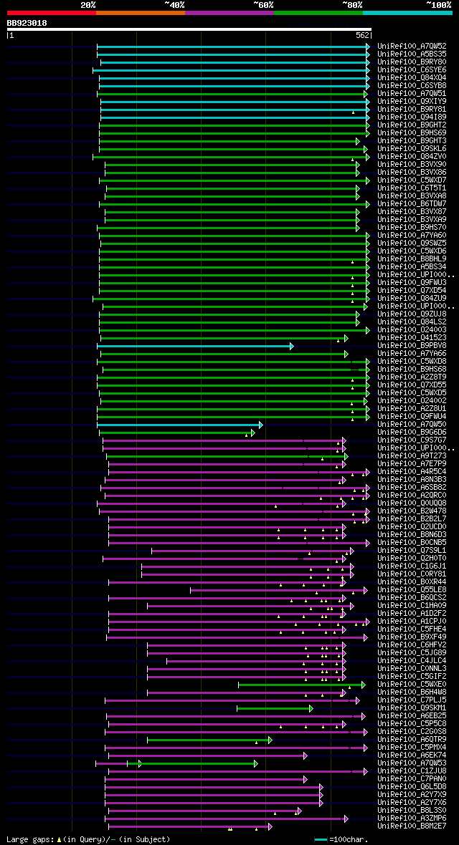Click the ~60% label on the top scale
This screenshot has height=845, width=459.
tap(263, 4)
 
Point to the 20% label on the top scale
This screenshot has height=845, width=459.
tap(88, 4)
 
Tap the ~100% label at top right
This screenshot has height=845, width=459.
tap(438, 4)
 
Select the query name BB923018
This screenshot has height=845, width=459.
tap(27, 23)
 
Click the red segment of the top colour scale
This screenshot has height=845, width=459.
tap(51, 12)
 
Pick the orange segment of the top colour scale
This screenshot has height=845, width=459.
tap(140, 12)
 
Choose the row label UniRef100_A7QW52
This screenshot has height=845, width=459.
tap(412, 46)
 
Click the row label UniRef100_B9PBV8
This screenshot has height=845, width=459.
tap(412, 346)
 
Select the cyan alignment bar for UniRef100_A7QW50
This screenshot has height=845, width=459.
tap(179, 425)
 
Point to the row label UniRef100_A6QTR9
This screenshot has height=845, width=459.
tap(412, 739)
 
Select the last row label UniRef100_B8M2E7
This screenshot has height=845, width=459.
tap(412, 826)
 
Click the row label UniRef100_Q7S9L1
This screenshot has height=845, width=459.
tap(412, 551)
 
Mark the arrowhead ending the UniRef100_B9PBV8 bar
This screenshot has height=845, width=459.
tap(291, 346)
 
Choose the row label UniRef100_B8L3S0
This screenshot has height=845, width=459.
tap(412, 810)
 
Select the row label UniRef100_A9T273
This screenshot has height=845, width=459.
tap(412, 456)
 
